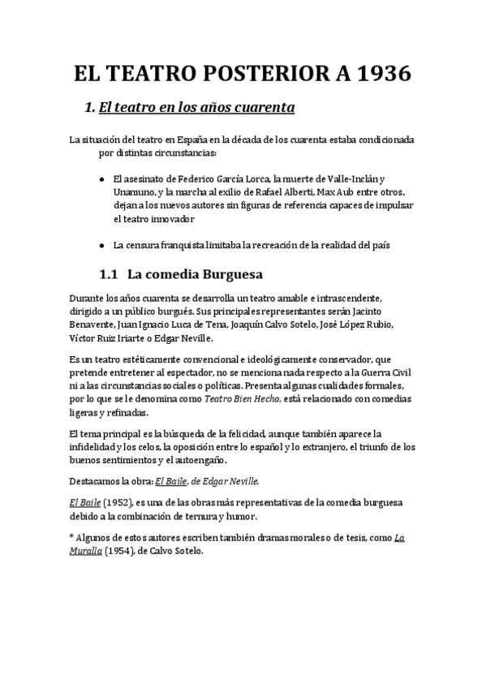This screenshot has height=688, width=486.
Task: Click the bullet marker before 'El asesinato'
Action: (101, 179)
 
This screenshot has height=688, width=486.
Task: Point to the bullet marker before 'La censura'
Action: (101, 245)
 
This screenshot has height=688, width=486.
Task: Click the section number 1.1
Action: (109, 274)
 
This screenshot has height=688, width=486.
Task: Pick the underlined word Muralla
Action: (86, 551)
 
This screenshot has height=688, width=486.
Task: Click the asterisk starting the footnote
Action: (72, 537)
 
